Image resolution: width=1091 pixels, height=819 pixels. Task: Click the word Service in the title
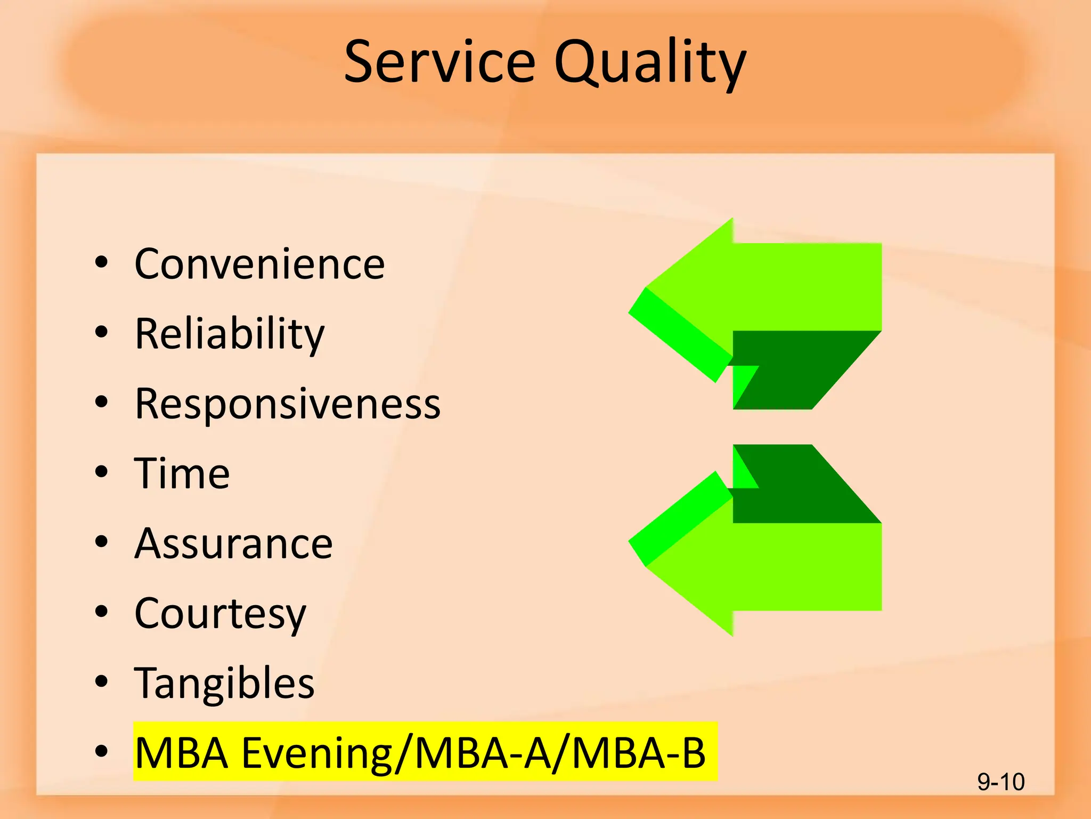[439, 62]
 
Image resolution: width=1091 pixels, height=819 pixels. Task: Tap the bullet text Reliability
[230, 334]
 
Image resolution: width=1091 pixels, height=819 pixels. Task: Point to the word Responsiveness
[288, 404]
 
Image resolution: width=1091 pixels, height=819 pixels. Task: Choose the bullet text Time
[182, 473]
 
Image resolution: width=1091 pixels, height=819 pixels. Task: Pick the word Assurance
[233, 543]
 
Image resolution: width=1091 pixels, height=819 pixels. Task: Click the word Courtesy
[220, 614]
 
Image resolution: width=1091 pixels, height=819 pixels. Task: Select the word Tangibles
[224, 684]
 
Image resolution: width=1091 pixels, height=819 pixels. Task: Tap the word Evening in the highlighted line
[317, 753]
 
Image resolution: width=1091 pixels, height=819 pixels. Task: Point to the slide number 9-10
[1000, 782]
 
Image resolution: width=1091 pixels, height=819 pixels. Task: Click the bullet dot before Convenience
[101, 262]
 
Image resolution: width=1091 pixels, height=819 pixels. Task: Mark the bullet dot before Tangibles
[101, 681]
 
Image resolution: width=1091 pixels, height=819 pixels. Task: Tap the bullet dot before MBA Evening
[101, 751]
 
